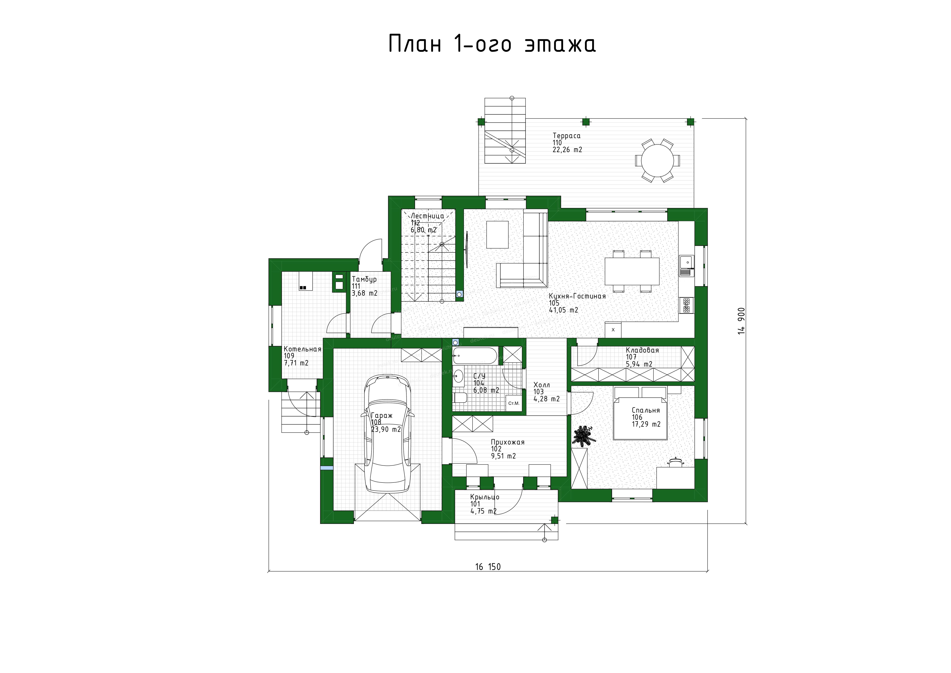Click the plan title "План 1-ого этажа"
(x=492, y=44)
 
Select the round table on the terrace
(x=657, y=160)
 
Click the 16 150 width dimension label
(x=488, y=567)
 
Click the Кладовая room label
(x=642, y=350)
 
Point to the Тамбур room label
(x=364, y=279)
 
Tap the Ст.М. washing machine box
(x=514, y=403)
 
